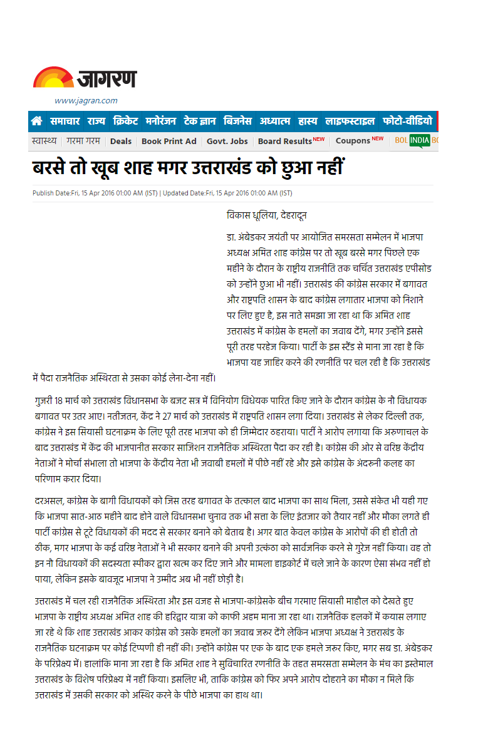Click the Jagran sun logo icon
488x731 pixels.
pyautogui.click(x=53, y=78)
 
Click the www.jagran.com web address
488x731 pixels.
pyautogui.click(x=86, y=101)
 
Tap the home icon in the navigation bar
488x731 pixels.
pyautogui.click(x=37, y=121)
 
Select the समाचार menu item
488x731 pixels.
pyautogui.click(x=65, y=121)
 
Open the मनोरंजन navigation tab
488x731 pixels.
pyautogui.click(x=161, y=121)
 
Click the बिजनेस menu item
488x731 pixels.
pyautogui.click(x=238, y=121)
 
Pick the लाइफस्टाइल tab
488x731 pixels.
pyautogui.click(x=350, y=121)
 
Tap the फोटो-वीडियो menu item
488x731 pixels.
pyautogui.click(x=407, y=121)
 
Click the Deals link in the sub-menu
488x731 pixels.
pyautogui.click(x=121, y=141)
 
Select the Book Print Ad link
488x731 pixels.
pyautogui.click(x=169, y=141)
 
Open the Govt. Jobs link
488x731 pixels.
pyautogui.click(x=227, y=141)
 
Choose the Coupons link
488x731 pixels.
pyautogui.click(x=353, y=141)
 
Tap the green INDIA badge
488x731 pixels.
pyautogui.click(x=419, y=140)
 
